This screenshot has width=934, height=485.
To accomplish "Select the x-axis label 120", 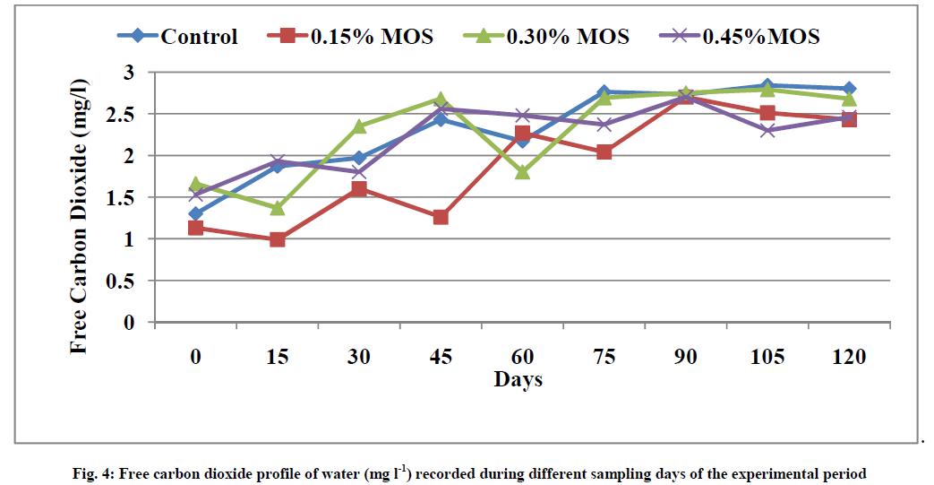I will [848, 357].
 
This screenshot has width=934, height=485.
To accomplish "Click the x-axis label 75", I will [604, 357].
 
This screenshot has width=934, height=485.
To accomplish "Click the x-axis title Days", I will [518, 379].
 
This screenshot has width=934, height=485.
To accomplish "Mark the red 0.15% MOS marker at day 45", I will [440, 218].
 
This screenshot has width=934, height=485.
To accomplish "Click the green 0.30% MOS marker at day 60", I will [522, 171].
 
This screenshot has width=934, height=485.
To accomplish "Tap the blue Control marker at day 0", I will [195, 213].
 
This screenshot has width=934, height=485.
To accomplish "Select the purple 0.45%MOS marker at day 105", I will [767, 130].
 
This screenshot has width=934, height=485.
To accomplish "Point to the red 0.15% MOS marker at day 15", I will [277, 239].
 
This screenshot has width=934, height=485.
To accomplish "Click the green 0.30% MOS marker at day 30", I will [358, 127].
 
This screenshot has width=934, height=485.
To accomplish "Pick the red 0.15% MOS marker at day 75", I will [604, 152].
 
